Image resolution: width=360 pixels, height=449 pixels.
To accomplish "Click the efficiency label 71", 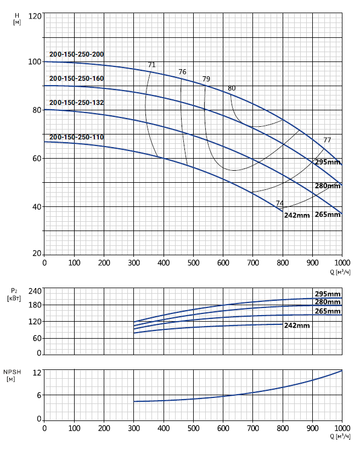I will click(151, 65).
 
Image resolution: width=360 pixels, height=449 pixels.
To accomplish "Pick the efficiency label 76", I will click(182, 72).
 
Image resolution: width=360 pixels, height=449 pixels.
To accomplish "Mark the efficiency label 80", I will click(232, 88).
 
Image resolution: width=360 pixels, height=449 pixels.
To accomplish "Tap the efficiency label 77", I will click(327, 140).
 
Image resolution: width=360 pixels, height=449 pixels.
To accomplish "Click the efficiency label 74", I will click(280, 203).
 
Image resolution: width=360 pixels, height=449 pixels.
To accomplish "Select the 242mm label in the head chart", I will click(297, 215).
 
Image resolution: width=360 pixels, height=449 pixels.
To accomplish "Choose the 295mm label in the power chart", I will click(328, 293).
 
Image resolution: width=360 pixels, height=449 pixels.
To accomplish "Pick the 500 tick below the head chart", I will click(193, 262).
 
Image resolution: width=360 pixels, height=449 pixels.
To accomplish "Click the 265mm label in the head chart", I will click(328, 215).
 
